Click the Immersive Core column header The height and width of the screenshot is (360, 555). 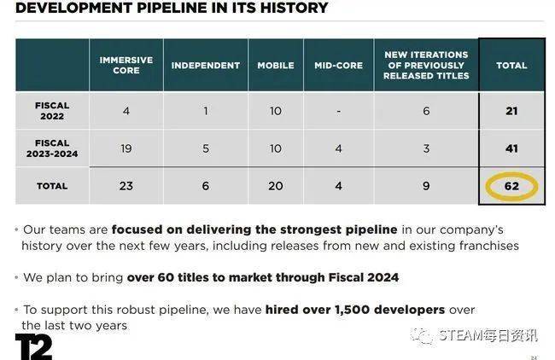tap(126, 65)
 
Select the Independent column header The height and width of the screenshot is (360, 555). tap(205, 66)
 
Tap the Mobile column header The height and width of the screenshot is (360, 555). tap(276, 66)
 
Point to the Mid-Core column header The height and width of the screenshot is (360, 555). tap(338, 66)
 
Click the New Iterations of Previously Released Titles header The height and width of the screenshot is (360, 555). tap(426, 65)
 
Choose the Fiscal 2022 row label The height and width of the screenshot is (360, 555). tap(52, 111)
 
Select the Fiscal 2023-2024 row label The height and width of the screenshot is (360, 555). tap(52, 148)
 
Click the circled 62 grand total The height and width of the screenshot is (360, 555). tap(511, 186)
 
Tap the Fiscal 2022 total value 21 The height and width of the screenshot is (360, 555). tap(511, 111)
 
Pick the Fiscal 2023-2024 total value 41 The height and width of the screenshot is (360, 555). tap(511, 148)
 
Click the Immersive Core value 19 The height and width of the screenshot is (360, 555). tap(126, 148)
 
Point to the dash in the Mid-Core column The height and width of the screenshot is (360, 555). tap(338, 112)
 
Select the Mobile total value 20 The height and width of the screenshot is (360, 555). tap(276, 186)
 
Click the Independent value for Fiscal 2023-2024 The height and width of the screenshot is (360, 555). tap(205, 148)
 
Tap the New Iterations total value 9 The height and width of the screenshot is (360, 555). tap(426, 186)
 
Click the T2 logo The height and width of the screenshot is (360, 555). tap(33, 346)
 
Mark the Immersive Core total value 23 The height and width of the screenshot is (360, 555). tap(126, 186)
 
